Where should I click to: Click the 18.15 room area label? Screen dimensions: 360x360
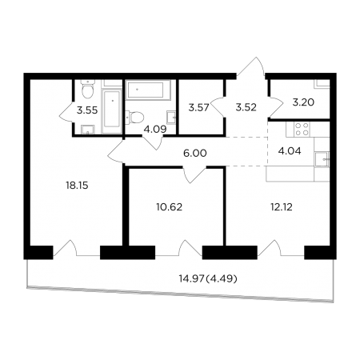coord(77,186)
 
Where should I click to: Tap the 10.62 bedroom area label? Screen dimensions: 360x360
coord(170,207)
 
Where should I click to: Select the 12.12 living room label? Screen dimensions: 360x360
coord(282,207)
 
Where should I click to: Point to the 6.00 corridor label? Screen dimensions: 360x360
coord(195,154)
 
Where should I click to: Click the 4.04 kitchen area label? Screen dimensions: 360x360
coord(290,151)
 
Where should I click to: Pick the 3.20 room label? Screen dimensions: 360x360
coord(303,102)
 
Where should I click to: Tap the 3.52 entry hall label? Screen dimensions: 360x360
coord(246,107)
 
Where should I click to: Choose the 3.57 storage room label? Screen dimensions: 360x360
coord(198,108)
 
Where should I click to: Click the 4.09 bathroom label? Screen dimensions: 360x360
coord(155,130)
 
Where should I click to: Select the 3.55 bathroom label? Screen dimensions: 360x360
coord(87,110)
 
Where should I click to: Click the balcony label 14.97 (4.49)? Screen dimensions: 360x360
coord(208,279)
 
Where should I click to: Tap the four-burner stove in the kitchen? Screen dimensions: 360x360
coord(302,129)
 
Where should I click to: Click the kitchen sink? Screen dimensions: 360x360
coord(322,159)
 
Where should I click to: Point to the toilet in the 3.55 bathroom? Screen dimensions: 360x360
coord(88,89)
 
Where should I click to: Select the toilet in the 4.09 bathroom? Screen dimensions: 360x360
coord(135,117)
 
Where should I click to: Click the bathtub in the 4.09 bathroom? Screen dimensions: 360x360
coord(148,90)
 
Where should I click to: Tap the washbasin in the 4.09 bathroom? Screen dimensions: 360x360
coord(170,117)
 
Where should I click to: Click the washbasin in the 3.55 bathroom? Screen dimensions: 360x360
coord(87,130)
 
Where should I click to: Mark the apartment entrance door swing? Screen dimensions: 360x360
coord(251,67)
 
